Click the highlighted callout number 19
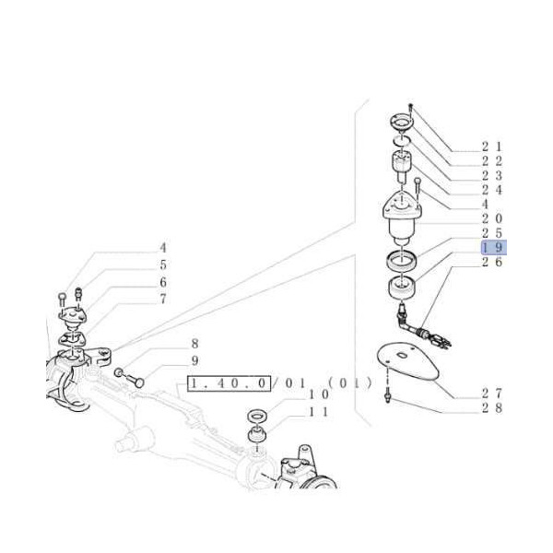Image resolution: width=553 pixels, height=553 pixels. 494,247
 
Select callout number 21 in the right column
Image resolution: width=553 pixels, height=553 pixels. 492,147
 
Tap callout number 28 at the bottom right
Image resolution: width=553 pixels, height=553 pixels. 492,407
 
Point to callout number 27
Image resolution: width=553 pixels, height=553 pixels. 492,393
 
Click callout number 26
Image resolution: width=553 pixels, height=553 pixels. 492,262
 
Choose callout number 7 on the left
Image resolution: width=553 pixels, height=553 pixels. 163,299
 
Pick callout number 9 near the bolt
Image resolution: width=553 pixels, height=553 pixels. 195,360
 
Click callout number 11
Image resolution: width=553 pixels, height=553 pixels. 319,412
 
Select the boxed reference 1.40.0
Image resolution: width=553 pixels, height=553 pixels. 229,383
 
